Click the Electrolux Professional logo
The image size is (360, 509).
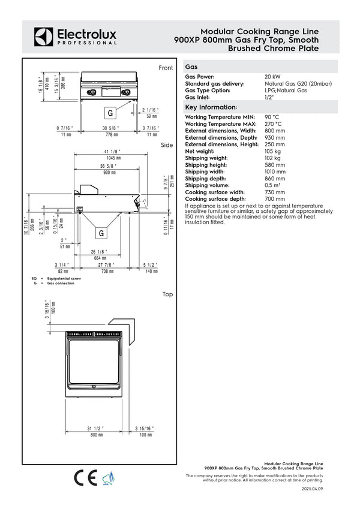tap(75, 37)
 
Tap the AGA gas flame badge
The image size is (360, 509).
tap(109, 478)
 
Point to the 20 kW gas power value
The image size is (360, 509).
tap(272, 77)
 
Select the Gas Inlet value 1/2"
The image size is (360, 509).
tap(269, 97)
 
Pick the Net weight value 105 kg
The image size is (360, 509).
tap(273, 152)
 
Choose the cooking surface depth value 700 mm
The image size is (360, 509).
tap(275, 198)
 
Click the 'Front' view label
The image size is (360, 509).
tap(166, 68)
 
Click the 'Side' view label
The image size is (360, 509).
tap(167, 145)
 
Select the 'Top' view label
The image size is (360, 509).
tap(167, 294)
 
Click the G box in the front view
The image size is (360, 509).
tap(110, 113)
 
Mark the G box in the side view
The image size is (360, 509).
tap(101, 233)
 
